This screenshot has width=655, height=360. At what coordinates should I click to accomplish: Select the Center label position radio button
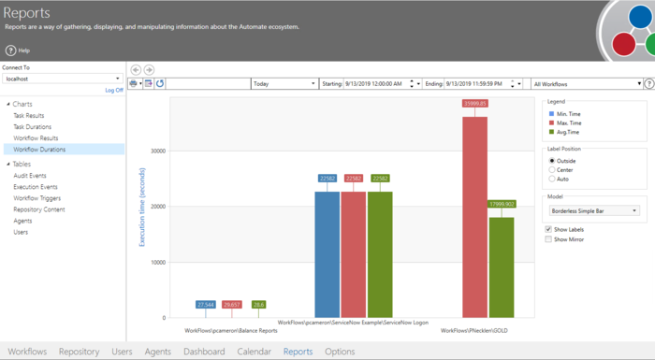pyautogui.click(x=551, y=170)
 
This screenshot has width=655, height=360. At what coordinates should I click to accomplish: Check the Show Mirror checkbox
pyautogui.click(x=549, y=239)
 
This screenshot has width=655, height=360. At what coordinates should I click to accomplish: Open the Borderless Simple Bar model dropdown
pyautogui.click(x=594, y=211)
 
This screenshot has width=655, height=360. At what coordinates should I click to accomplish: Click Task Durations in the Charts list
pyautogui.click(x=32, y=126)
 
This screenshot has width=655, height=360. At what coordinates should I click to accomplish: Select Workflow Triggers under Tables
pyautogui.click(x=36, y=198)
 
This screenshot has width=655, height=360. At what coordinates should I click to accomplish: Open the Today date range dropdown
pyautogui.click(x=284, y=84)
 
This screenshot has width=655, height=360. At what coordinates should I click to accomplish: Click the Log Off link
pyautogui.click(x=113, y=91)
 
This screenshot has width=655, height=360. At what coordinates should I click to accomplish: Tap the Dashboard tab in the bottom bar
pyautogui.click(x=204, y=352)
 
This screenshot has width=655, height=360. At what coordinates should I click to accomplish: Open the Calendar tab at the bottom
pyautogui.click(x=254, y=352)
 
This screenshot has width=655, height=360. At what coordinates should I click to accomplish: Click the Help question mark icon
pyautogui.click(x=11, y=50)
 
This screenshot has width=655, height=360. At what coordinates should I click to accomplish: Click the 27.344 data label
pyautogui.click(x=206, y=305)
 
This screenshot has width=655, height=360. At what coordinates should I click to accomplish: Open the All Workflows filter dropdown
pyautogui.click(x=586, y=84)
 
